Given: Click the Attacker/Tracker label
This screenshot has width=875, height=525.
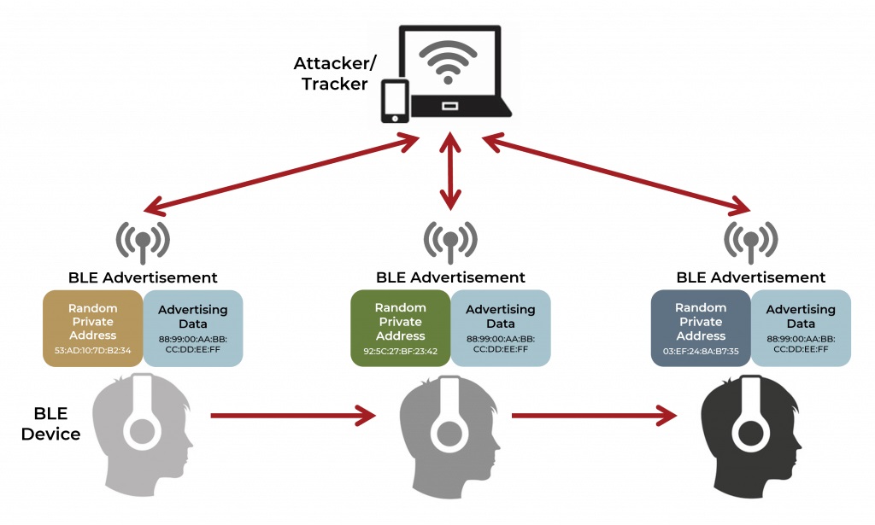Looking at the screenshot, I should [331, 73].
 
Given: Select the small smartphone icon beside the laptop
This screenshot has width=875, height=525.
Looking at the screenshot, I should [393, 100].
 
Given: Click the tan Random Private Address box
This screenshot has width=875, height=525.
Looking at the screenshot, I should [92, 329].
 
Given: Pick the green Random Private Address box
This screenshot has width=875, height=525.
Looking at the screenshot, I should [400, 329].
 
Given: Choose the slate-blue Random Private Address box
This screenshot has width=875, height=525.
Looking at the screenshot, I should [700, 329].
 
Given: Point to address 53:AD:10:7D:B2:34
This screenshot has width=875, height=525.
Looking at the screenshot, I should [92, 351].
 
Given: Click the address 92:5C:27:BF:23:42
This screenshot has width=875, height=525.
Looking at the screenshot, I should [400, 351].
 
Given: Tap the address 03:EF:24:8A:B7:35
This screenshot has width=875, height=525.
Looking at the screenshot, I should [700, 351].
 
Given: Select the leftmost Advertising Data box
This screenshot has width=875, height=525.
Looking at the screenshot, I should [193, 329].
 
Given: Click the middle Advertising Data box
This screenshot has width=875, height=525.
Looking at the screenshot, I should [501, 329].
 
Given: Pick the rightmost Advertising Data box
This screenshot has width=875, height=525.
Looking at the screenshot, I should [801, 329].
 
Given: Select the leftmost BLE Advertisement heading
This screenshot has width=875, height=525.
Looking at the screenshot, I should [143, 277].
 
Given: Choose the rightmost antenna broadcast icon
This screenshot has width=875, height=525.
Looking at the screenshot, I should [751, 242].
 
